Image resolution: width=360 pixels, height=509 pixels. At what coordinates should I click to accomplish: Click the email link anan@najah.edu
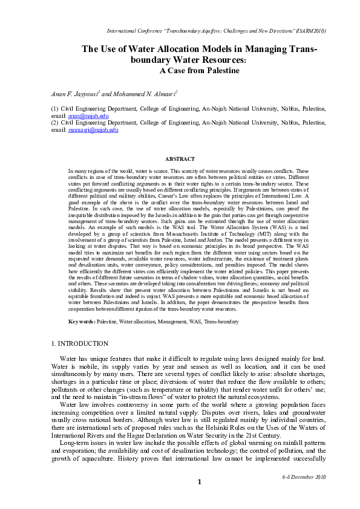point(79,115)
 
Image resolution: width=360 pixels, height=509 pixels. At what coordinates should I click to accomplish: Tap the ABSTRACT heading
point(180,159)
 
